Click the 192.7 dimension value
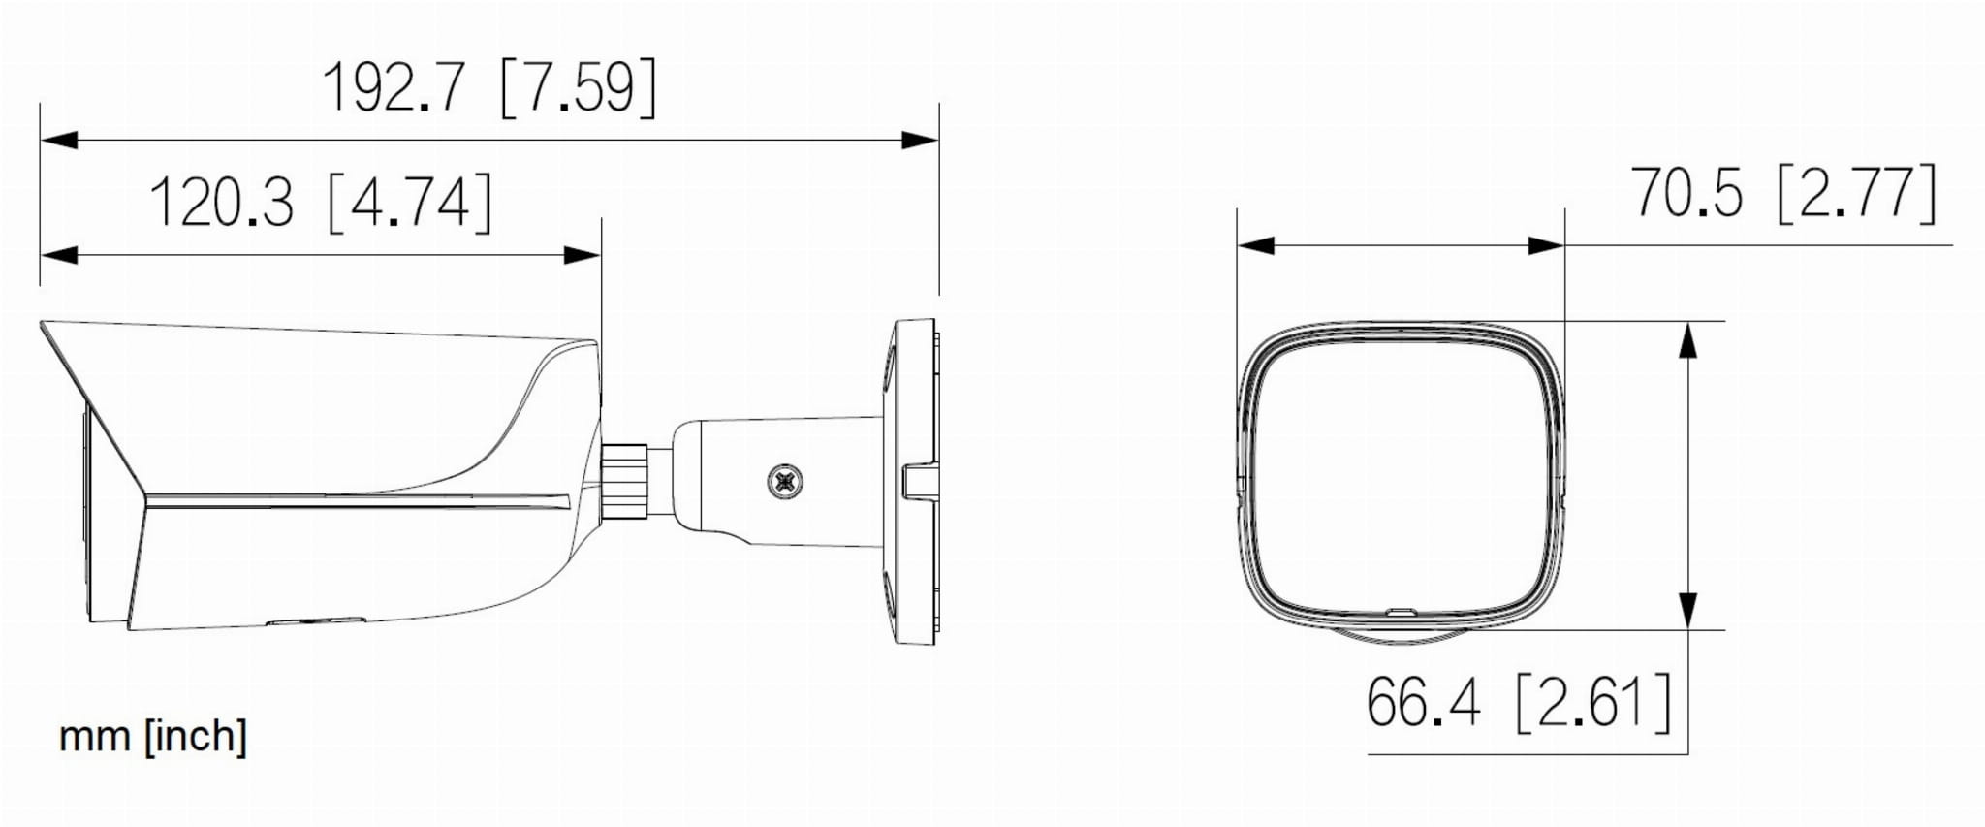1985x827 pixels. point(394,87)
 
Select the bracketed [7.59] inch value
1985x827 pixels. point(579,87)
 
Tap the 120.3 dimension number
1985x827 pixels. point(221,203)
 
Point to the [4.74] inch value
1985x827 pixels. point(411,203)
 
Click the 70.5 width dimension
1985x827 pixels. point(1686,192)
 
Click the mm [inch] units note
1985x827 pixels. point(153,736)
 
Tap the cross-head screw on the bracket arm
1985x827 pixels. point(786,481)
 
